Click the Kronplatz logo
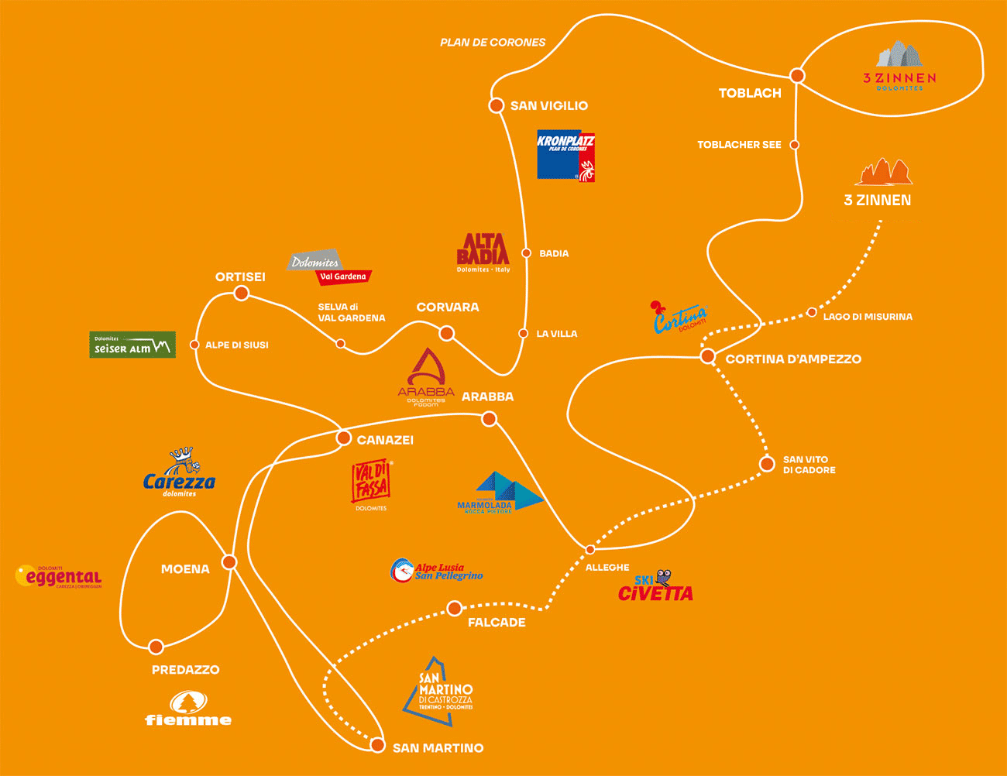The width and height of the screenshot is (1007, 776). click(565, 155)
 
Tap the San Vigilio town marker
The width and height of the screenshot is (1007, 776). click(497, 105)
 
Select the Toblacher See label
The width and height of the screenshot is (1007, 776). click(739, 145)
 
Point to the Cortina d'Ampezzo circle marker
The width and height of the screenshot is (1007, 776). click(707, 356)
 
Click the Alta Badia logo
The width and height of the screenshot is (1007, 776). click(483, 252)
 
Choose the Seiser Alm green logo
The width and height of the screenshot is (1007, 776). click(132, 345)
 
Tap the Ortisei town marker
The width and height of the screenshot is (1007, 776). click(242, 293)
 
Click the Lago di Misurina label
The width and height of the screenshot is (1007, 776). click(868, 317)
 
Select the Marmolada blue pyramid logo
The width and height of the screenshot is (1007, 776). click(500, 493)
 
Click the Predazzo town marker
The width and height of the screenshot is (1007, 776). click(156, 647)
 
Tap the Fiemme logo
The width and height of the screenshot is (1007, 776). click(188, 709)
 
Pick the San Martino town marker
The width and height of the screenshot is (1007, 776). click(377, 745)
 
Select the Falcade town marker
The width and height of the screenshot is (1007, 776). click(455, 609)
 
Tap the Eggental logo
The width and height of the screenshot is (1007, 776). click(59, 577)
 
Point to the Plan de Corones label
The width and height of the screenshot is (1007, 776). click(493, 43)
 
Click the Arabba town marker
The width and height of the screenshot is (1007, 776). click(489, 419)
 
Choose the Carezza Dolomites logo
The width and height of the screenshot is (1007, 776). click(180, 472)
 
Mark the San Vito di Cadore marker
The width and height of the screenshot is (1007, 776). click(767, 464)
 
